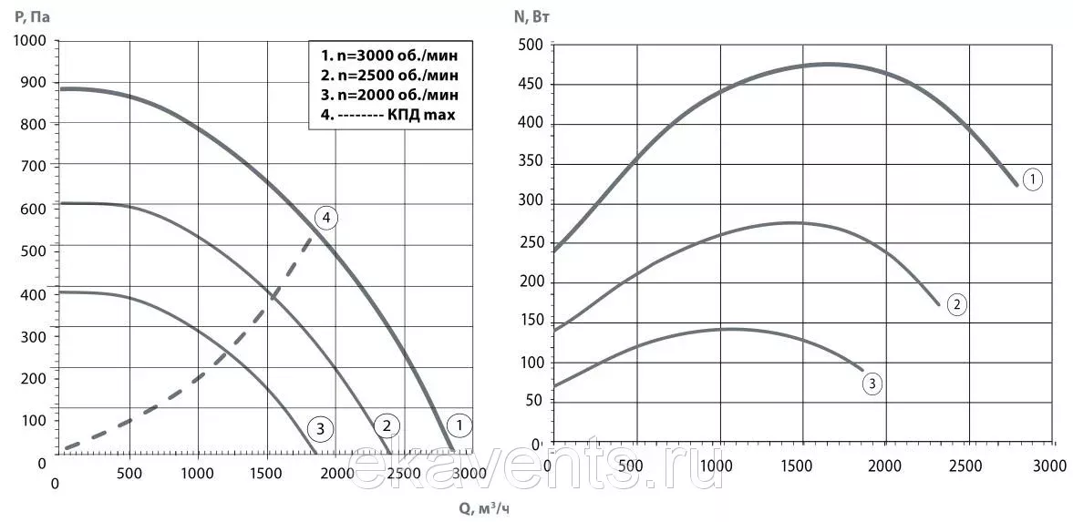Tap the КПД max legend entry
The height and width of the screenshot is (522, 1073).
pyautogui.click(x=387, y=114)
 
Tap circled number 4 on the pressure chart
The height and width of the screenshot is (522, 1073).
pyautogui.click(x=325, y=219)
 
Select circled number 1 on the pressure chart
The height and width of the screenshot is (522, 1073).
pyautogui.click(x=459, y=425)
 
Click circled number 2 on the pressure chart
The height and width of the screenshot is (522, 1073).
pyautogui.click(x=387, y=425)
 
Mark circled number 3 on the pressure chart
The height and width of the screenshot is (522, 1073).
pyautogui.click(x=320, y=430)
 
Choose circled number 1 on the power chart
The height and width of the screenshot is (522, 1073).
pyautogui.click(x=1032, y=180)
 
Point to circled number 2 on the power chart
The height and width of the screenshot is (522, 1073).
pyautogui.click(x=956, y=304)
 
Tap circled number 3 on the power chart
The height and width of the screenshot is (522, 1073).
pyautogui.click(x=872, y=384)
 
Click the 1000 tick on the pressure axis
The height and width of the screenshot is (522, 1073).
pyautogui.click(x=30, y=41)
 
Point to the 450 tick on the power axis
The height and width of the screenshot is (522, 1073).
pyautogui.click(x=530, y=85)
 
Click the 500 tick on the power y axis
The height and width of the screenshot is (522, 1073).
pyautogui.click(x=530, y=46)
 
